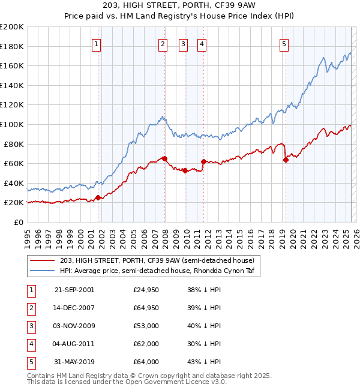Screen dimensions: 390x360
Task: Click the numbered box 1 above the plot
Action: click(97, 43)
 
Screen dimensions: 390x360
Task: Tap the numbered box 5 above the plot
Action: click(284, 43)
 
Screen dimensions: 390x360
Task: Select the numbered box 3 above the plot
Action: click(183, 43)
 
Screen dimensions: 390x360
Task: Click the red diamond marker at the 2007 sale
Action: click(164, 158)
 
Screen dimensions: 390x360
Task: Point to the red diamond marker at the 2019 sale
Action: click(286, 160)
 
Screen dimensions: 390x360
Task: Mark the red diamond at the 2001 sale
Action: click(98, 197)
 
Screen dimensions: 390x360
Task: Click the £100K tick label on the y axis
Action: click(11, 124)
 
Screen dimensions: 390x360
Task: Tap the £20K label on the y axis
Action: click(14, 203)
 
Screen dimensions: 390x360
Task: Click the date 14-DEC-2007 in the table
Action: click(74, 308)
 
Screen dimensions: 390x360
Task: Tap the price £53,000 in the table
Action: click(146, 326)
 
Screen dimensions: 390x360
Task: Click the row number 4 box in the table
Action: click(29, 344)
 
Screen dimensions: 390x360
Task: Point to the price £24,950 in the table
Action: click(146, 290)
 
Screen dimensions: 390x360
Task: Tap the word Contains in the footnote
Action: click(42, 376)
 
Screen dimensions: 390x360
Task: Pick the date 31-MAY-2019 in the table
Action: click(74, 362)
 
